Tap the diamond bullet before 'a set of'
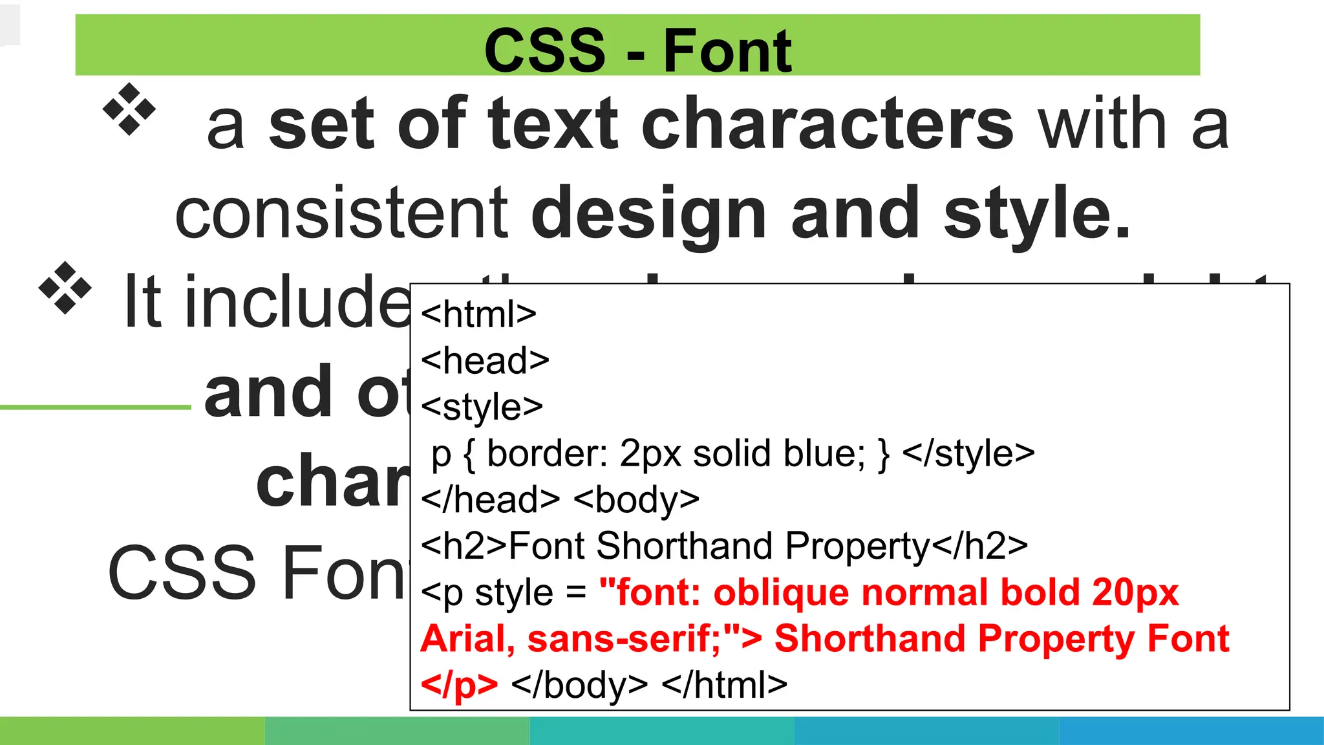point(129,109)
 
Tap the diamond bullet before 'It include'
point(65,288)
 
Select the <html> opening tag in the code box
point(478,314)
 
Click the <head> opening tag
point(485,361)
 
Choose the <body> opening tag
point(636,500)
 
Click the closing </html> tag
point(725,685)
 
